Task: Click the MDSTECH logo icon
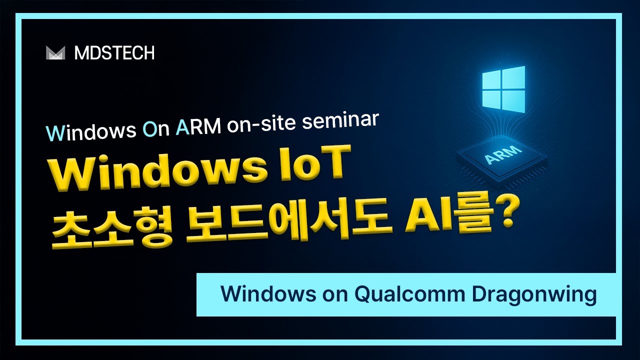pyautogui.click(x=55, y=53)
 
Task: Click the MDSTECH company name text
pyautogui.click(x=114, y=53)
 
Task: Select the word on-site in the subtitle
pyautogui.click(x=261, y=128)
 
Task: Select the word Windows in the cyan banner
pyautogui.click(x=263, y=294)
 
